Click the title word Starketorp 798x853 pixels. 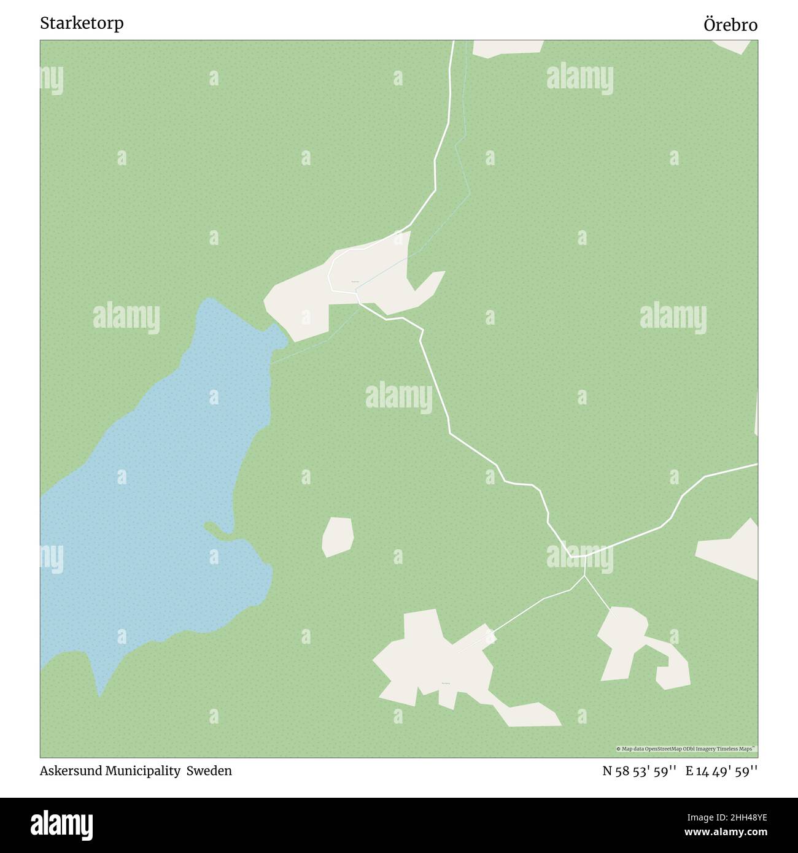click(82, 23)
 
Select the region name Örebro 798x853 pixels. click(730, 25)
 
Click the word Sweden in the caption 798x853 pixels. click(209, 771)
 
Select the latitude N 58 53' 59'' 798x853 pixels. click(639, 771)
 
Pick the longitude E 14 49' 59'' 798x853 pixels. click(721, 771)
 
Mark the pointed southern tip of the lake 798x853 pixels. click(99, 695)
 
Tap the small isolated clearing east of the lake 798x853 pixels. click(338, 536)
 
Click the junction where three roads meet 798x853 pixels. click(585, 557)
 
